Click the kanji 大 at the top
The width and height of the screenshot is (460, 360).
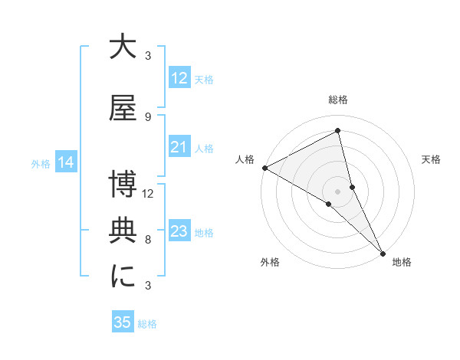coord(123,47)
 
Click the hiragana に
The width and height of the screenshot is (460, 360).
coord(123,276)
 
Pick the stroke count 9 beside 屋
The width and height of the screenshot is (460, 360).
coord(148,117)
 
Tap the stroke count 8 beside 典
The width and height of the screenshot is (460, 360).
coord(148,240)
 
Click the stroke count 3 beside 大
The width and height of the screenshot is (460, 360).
coord(148,56)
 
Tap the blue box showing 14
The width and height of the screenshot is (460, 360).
coord(65,162)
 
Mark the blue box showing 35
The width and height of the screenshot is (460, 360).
coord(123,322)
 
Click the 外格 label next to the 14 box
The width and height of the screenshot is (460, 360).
coord(40,163)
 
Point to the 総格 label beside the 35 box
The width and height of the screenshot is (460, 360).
coord(147,324)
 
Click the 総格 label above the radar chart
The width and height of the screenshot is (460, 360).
coord(338,100)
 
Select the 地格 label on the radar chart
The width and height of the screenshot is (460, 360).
coord(402,263)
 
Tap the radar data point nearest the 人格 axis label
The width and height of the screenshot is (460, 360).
coord(264,168)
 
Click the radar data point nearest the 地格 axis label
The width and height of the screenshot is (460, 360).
coord(383,251)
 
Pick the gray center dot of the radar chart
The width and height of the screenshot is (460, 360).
coord(337,191)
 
